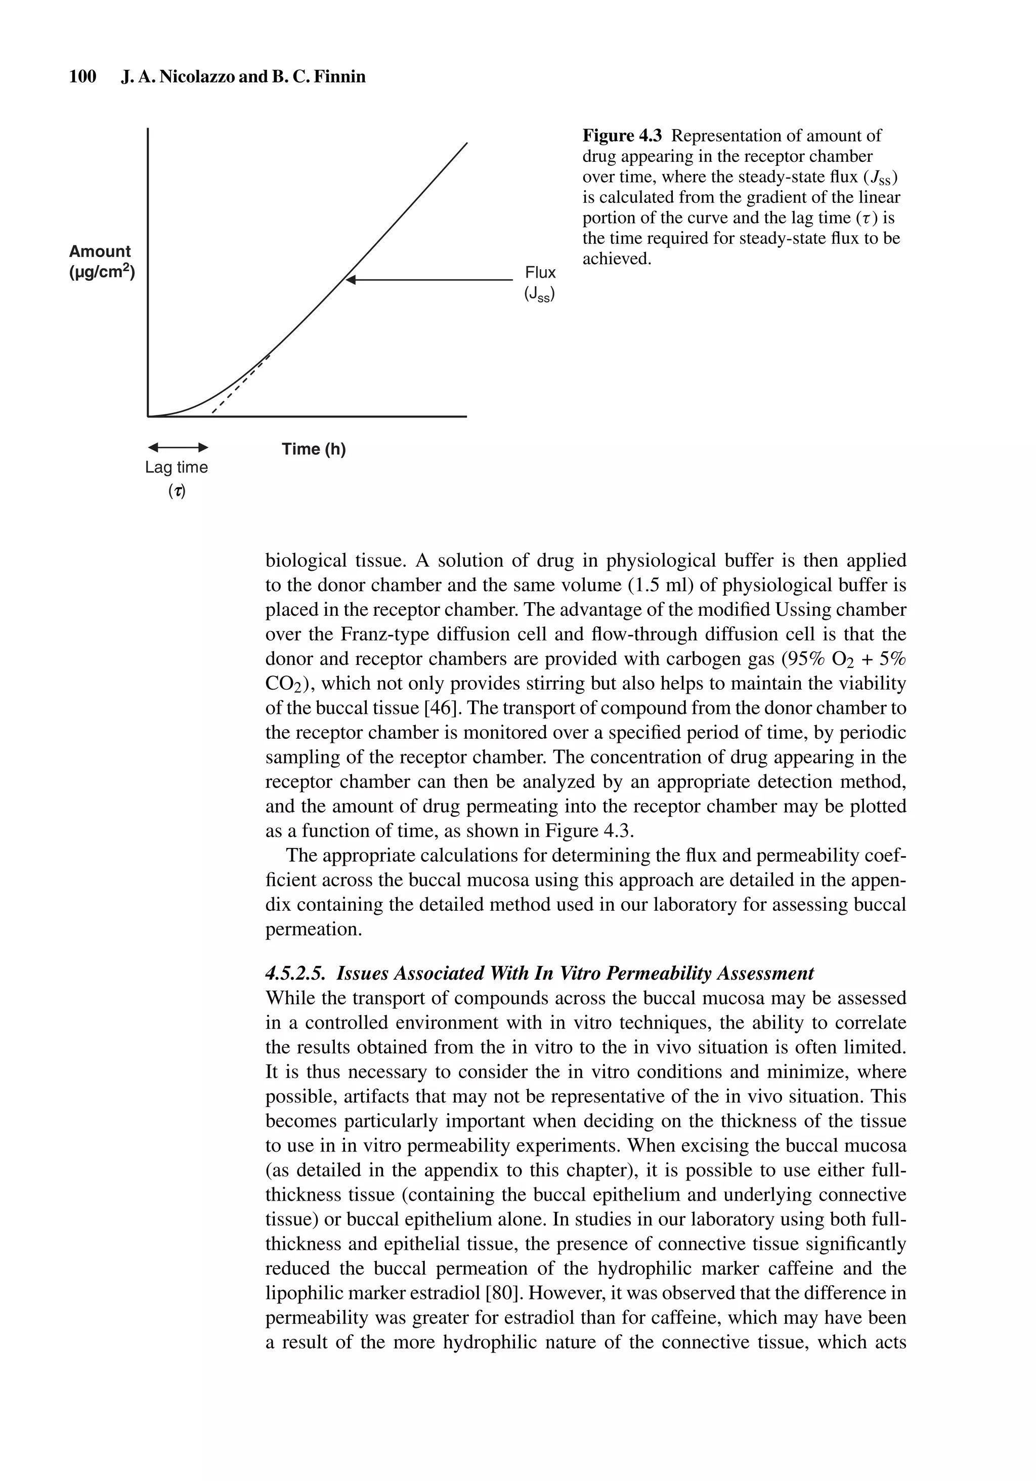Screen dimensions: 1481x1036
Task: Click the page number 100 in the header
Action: tap(82, 77)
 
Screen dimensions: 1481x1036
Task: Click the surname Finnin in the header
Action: tap(342, 77)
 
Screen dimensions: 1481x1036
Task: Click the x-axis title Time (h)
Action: tap(314, 449)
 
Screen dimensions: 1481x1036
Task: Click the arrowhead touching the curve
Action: tap(350, 280)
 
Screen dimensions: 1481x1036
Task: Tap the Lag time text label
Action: tap(177, 467)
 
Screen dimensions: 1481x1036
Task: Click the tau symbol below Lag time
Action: tap(177, 491)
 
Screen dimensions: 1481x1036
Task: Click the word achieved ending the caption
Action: tap(616, 259)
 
